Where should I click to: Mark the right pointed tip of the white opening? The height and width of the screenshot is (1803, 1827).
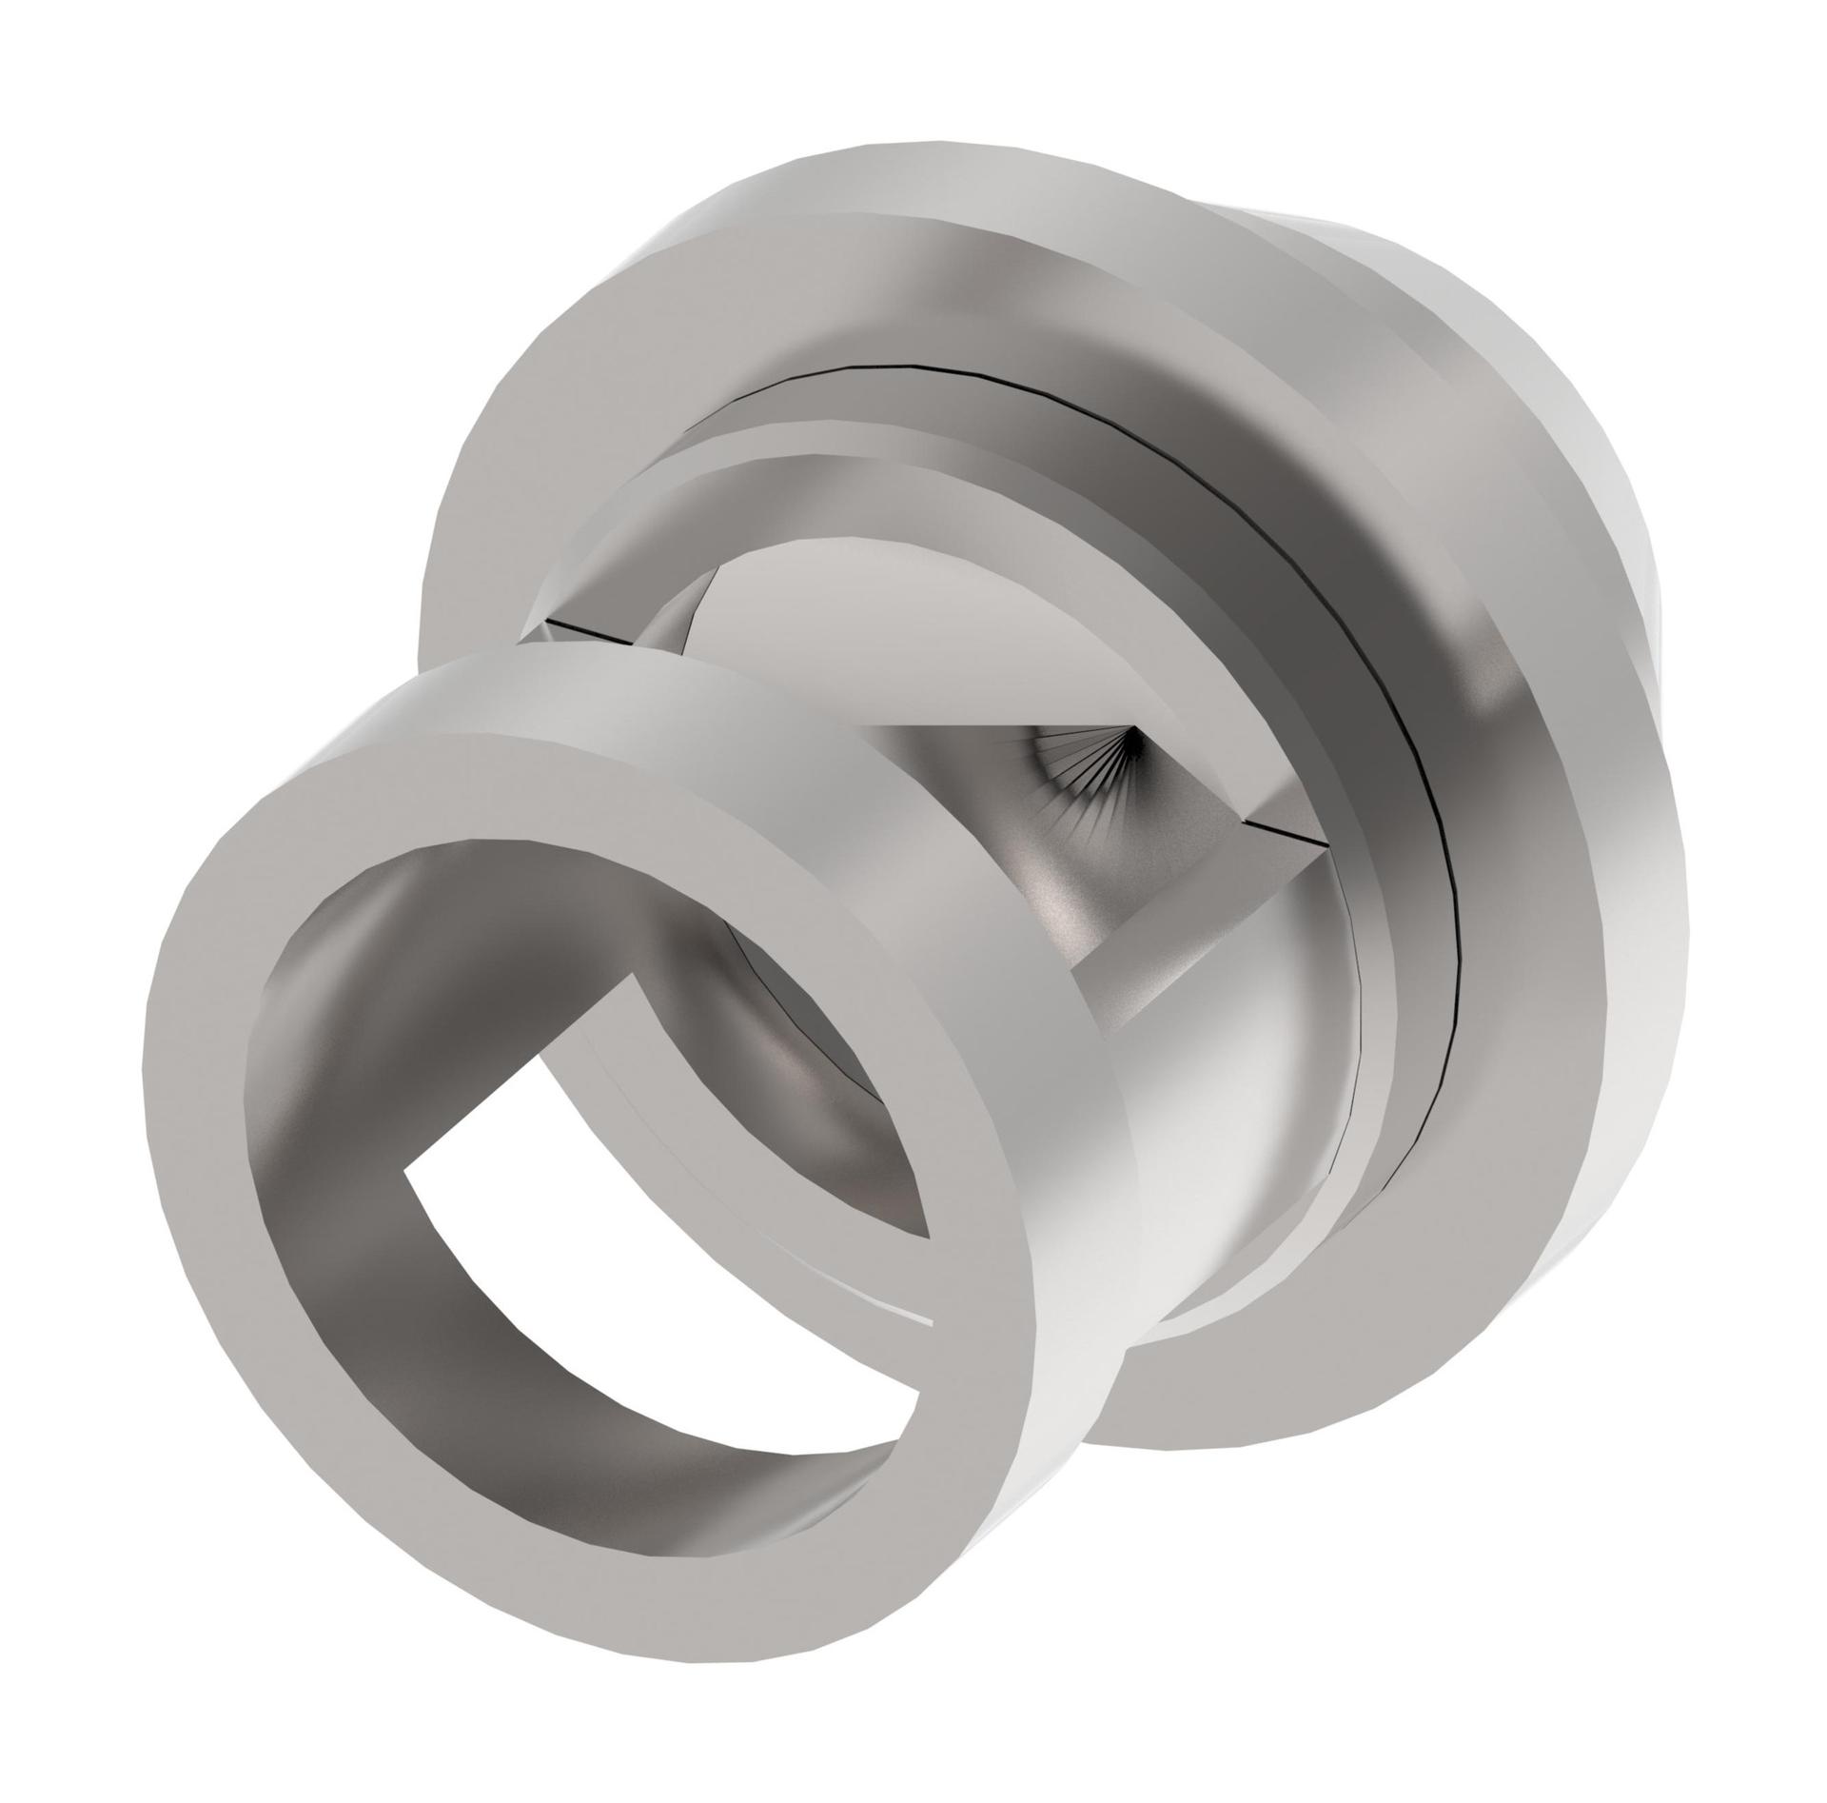tap(928, 1318)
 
